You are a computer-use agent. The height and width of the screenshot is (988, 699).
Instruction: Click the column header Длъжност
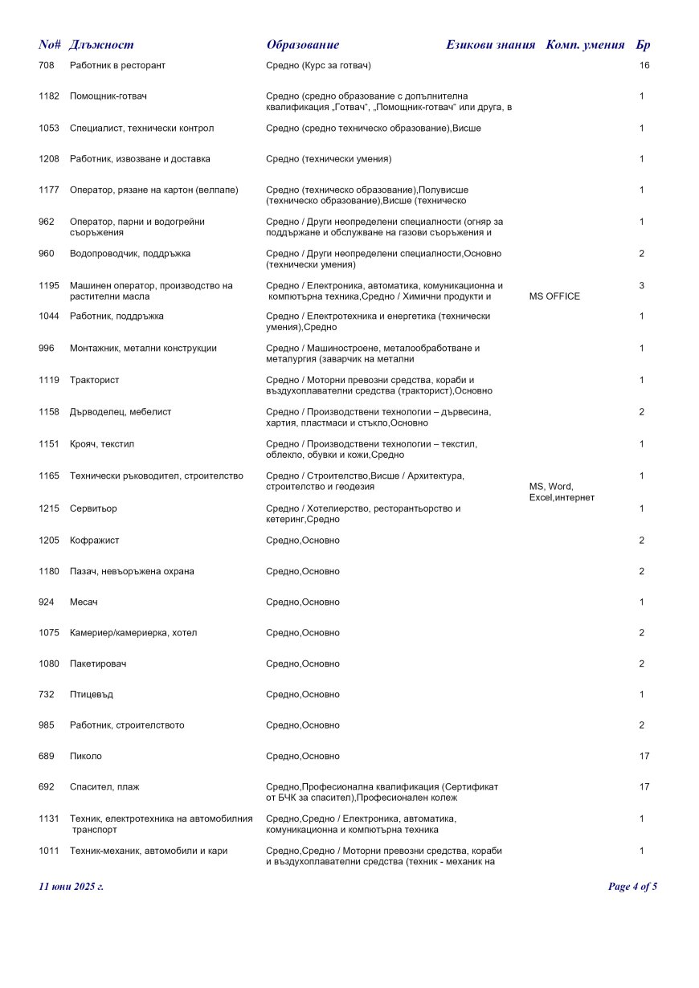(x=101, y=45)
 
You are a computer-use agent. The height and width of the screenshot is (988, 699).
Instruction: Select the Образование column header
(x=303, y=45)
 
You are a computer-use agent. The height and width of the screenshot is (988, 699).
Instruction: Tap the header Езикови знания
(x=490, y=45)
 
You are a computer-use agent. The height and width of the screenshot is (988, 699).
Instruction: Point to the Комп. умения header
(x=585, y=45)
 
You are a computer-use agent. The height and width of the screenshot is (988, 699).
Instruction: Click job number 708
(x=46, y=65)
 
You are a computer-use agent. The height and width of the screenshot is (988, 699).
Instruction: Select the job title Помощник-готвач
(x=108, y=96)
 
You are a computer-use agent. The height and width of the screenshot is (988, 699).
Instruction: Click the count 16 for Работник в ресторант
(x=644, y=65)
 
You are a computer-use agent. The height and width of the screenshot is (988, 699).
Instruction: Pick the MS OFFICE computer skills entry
(x=554, y=296)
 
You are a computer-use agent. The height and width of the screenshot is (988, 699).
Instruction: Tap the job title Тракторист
(x=94, y=380)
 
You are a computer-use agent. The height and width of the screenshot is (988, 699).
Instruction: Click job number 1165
(x=49, y=476)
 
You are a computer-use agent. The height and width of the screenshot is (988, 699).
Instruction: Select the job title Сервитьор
(x=94, y=508)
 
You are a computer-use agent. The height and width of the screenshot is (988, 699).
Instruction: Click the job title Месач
(x=84, y=602)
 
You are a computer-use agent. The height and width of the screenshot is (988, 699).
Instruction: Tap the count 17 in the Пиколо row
(x=644, y=757)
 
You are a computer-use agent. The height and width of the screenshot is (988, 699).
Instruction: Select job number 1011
(x=49, y=851)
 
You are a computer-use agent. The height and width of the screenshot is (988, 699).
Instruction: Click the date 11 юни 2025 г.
(x=72, y=887)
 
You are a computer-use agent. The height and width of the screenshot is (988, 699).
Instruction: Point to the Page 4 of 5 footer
(x=633, y=887)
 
